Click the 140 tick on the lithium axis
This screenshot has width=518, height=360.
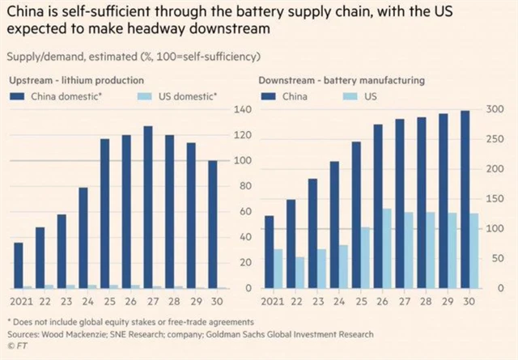(x=240, y=109)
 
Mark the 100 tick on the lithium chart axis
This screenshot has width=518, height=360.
(x=240, y=160)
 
